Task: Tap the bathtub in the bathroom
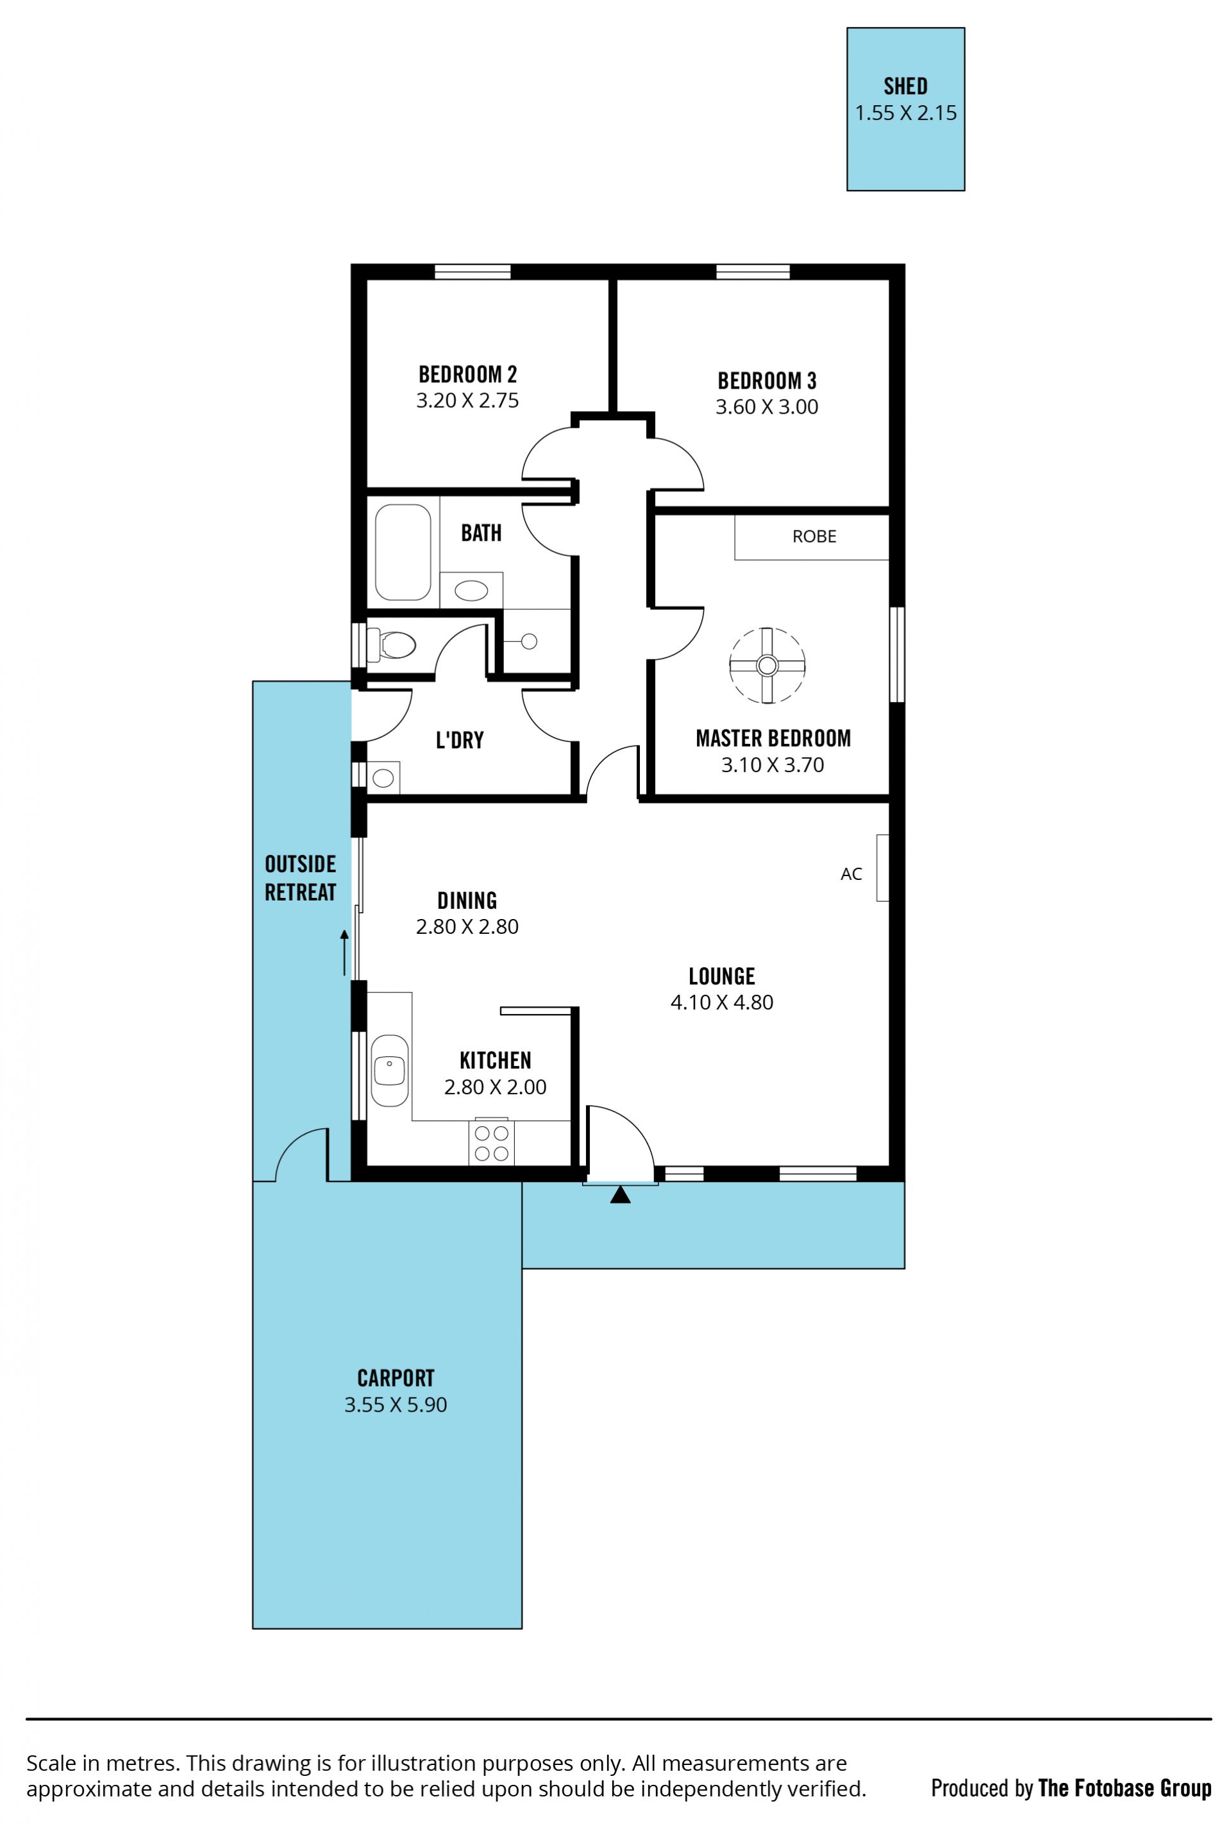pyautogui.click(x=403, y=552)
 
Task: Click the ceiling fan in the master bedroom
pyautogui.click(x=767, y=666)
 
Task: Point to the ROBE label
pyautogui.click(x=814, y=536)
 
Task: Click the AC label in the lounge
pyautogui.click(x=851, y=874)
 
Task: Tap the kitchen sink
pyautogui.click(x=389, y=1070)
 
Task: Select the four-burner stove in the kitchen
pyautogui.click(x=491, y=1143)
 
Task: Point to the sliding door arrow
pyautogui.click(x=344, y=953)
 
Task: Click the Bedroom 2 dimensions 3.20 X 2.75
pyautogui.click(x=467, y=400)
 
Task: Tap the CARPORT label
pyautogui.click(x=396, y=1378)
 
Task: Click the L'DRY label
pyautogui.click(x=459, y=739)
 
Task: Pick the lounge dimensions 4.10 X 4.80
pyautogui.click(x=721, y=1002)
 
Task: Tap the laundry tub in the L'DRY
pyautogui.click(x=383, y=778)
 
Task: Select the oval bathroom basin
pyautogui.click(x=471, y=589)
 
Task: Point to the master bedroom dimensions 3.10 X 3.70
pyautogui.click(x=772, y=764)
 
